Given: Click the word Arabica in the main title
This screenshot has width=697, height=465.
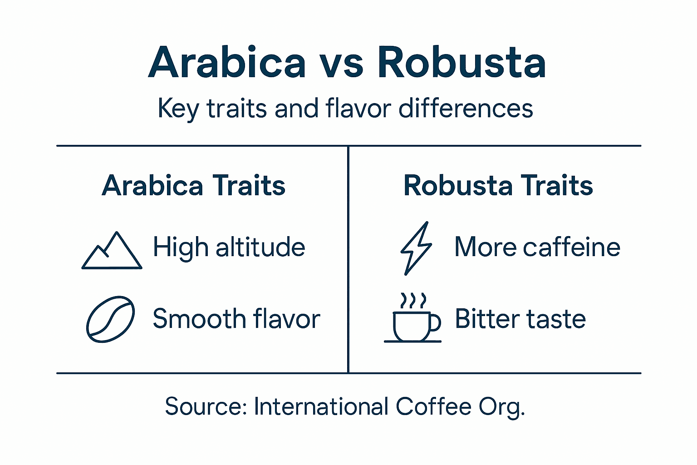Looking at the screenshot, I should click(227, 63).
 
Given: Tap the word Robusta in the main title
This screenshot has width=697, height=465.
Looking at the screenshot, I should click(461, 63).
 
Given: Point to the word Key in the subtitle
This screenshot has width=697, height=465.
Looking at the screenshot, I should click(178, 109).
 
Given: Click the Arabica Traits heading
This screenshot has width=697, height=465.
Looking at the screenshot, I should click(194, 186).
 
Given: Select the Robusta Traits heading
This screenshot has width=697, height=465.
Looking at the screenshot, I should click(498, 186).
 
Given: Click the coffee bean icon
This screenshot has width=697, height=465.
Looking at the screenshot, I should click(110, 319).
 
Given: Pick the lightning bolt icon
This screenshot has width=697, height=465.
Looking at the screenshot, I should click(416, 248).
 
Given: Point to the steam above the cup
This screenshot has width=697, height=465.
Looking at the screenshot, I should click(413, 300).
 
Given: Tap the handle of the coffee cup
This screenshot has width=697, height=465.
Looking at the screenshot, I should click(436, 322).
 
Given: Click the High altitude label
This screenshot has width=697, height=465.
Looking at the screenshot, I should click(229, 248).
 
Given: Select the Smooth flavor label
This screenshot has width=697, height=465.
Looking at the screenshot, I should click(236, 319).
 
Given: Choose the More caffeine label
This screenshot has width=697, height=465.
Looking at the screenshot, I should click(537, 247).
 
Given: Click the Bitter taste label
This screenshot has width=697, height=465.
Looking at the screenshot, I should click(520, 319).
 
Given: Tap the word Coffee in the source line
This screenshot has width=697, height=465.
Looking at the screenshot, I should click(433, 406).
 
